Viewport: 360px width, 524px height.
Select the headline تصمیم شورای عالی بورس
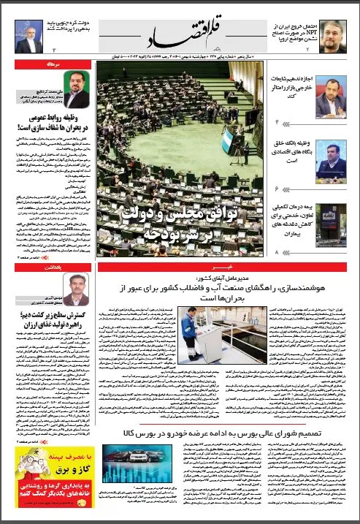tap(227, 433)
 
